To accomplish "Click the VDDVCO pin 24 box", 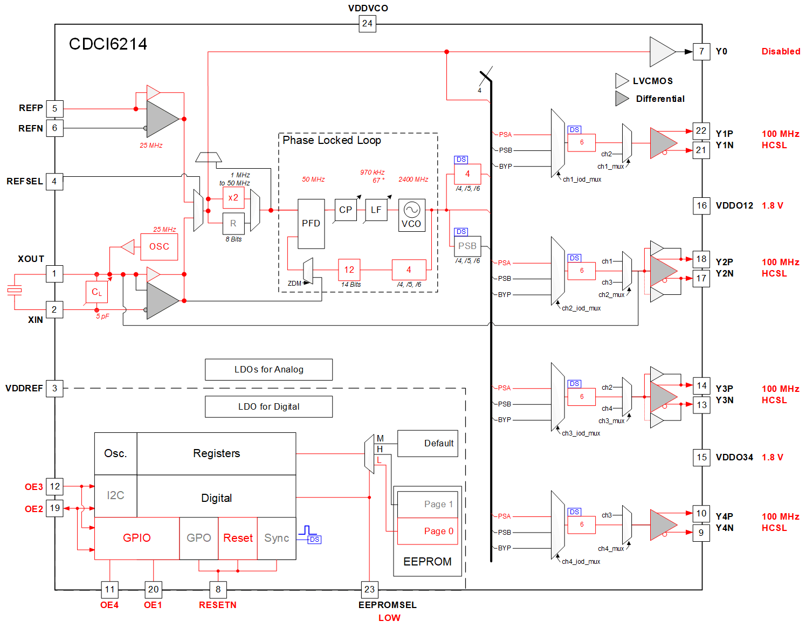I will point(367,23).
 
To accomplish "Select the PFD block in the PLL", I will point(311,223).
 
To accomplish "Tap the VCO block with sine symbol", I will point(411,215).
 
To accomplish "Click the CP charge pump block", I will point(346,210).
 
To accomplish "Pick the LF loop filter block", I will point(376,210).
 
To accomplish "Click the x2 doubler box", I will point(233,197).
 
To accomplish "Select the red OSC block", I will point(159,246).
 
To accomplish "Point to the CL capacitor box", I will point(97,292).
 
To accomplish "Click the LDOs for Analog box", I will point(268,369).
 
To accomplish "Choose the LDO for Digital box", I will point(268,406).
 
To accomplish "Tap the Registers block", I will point(216,453).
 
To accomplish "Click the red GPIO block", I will point(136,538).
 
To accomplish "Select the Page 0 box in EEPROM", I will point(428,531).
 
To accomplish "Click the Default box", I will point(428,443).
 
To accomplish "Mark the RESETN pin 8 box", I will point(218,589).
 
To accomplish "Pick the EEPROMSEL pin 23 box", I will point(369,589).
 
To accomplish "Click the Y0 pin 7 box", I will point(701,51).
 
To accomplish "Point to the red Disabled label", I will point(781,51).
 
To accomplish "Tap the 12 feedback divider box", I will point(349,270).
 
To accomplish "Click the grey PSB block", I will point(467,246).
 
